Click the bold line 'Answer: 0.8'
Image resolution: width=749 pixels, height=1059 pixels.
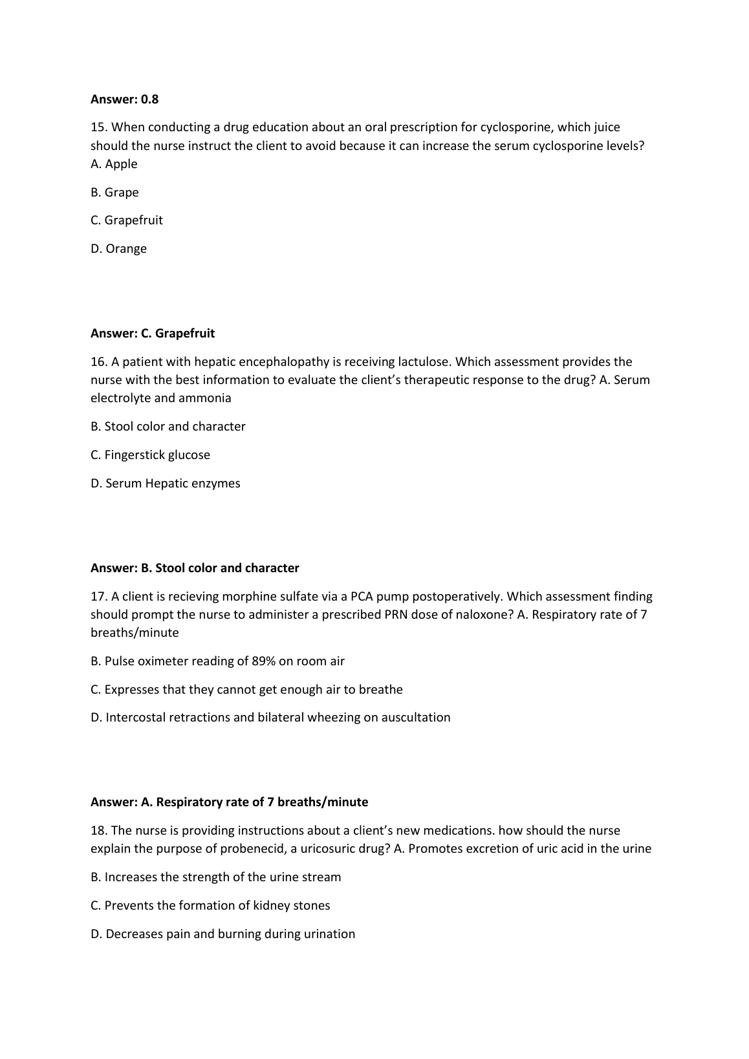[124, 99]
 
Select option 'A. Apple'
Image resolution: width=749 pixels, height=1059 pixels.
[114, 164]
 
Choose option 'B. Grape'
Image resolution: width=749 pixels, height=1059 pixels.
[114, 192]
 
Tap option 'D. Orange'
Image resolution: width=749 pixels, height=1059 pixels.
[118, 248]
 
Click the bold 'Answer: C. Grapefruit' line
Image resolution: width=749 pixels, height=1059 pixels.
[153, 333]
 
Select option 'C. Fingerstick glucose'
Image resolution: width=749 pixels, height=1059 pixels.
[150, 455]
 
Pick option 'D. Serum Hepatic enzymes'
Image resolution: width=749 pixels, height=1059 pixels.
[165, 483]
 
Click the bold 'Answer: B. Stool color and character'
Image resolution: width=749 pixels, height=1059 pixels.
[195, 568]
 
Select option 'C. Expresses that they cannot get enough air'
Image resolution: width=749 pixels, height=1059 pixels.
[246, 689]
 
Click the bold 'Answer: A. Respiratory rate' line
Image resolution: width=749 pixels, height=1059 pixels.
[229, 802]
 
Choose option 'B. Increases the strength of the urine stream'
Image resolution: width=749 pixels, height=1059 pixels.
[215, 877]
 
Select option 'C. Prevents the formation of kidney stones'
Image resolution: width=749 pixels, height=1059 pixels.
[210, 905]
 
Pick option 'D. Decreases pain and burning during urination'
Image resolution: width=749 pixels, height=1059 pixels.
[223, 934]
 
